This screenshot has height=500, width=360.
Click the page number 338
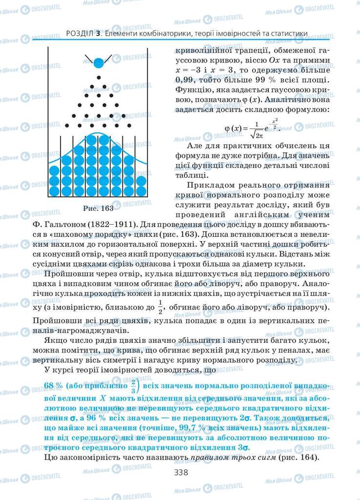tap(180, 472)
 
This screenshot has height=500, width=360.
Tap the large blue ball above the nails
tap(99, 63)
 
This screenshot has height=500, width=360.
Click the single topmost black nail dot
tap(99, 78)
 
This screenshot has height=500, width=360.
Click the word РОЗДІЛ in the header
tap(79, 34)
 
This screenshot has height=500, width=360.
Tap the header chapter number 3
tap(98, 34)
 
